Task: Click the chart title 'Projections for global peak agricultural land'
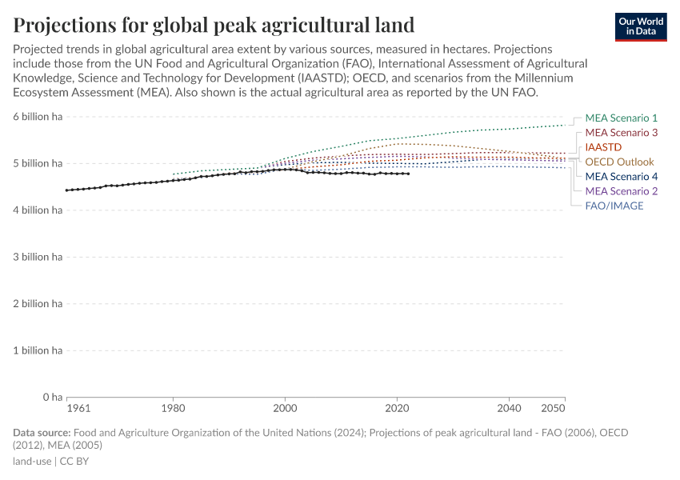coord(214,24)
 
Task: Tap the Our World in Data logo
coord(640,26)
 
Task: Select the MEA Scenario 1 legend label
coord(621,118)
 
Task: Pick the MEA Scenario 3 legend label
coord(621,133)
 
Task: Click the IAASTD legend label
coord(603,147)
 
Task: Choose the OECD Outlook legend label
coord(619,162)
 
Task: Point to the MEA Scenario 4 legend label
coord(621,177)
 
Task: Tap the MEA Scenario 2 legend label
coord(621,191)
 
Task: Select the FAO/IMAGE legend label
coord(614,206)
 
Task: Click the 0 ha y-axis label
coord(52,398)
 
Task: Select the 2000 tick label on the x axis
coord(285,408)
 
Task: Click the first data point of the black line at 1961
coord(67,190)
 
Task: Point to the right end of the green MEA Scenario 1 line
coord(565,125)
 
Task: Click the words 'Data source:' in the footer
coord(42,433)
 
